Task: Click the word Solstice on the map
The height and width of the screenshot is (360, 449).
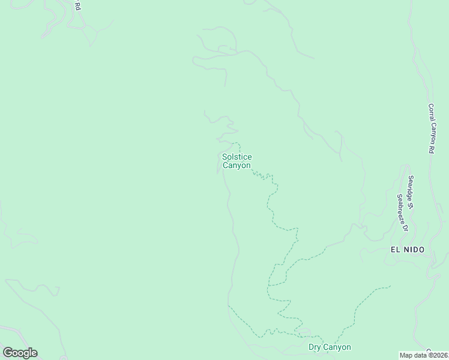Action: tap(237, 157)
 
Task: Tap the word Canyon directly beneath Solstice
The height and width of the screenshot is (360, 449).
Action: tap(237, 165)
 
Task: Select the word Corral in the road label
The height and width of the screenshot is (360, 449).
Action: tap(430, 110)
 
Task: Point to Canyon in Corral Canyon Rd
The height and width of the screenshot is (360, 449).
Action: tap(431, 131)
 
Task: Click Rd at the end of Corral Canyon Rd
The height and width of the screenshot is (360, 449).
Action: tap(431, 148)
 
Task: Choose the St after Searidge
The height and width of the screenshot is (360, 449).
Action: tap(412, 205)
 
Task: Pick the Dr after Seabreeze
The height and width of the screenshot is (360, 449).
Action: tap(404, 228)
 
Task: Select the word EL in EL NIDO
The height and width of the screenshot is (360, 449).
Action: tap(396, 250)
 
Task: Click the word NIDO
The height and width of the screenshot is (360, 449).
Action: tap(414, 250)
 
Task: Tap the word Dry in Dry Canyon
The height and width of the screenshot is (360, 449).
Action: tap(315, 347)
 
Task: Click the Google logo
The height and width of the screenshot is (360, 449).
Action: tap(20, 353)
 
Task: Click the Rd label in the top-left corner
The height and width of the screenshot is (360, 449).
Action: tap(77, 5)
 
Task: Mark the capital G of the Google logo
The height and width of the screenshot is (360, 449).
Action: tap(7, 353)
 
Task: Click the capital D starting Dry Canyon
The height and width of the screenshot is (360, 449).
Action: tap(311, 347)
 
